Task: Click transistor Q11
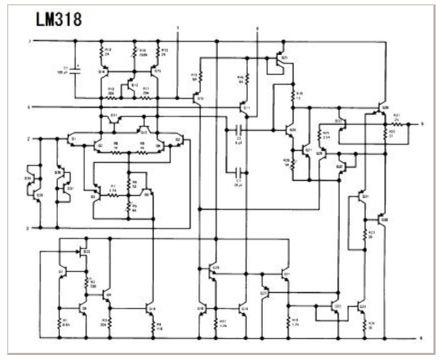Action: (245, 109)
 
